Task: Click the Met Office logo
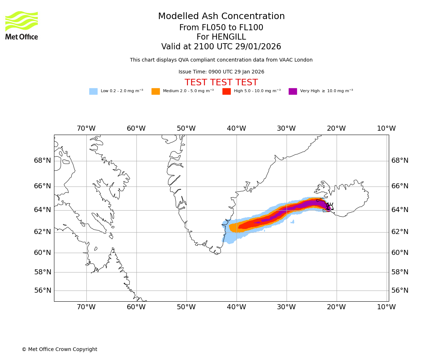pyautogui.click(x=22, y=25)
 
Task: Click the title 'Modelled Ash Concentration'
pyautogui.click(x=221, y=17)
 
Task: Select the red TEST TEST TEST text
pyautogui.click(x=221, y=82)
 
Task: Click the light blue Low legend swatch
pyautogui.click(x=93, y=91)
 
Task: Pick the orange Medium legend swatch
pyautogui.click(x=156, y=91)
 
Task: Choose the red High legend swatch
pyautogui.click(x=226, y=91)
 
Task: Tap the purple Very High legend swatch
pyautogui.click(x=293, y=91)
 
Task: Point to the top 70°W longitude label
pyautogui.click(x=86, y=129)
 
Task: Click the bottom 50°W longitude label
pyautogui.click(x=186, y=307)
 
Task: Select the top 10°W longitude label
pyautogui.click(x=386, y=129)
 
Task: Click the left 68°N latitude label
pyautogui.click(x=42, y=161)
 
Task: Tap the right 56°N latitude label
pyautogui.click(x=400, y=291)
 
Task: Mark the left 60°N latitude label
pyautogui.click(x=42, y=253)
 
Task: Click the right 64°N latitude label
pyautogui.click(x=400, y=210)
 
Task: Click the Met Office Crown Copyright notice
pyautogui.click(x=59, y=349)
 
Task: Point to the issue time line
pyautogui.click(x=221, y=72)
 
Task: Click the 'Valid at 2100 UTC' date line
pyautogui.click(x=221, y=47)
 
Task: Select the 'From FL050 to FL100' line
pyautogui.click(x=221, y=28)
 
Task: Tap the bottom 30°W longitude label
pyautogui.click(x=286, y=307)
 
